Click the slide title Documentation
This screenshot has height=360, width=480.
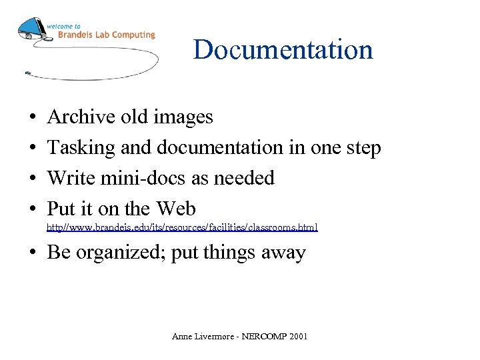pos(283,50)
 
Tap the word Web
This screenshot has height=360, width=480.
pos(176,209)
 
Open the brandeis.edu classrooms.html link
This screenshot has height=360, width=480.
pos(182,228)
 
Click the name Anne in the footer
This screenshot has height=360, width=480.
pos(182,337)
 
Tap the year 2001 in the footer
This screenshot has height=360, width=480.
pos(297,337)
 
